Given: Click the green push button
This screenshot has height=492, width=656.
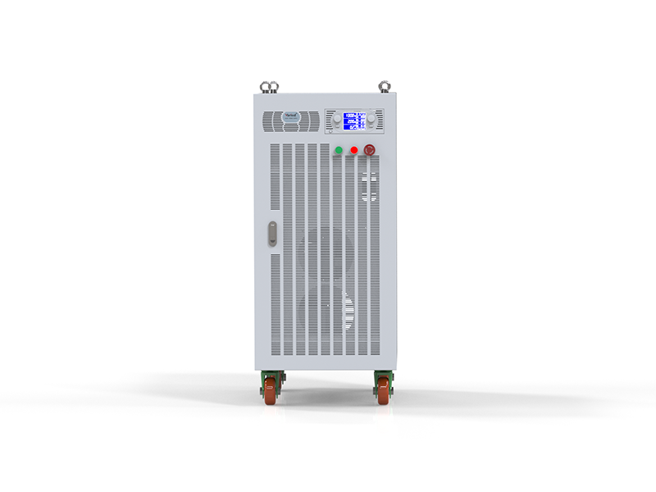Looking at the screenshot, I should (338, 150).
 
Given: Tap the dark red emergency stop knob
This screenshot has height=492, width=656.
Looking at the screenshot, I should (370, 150).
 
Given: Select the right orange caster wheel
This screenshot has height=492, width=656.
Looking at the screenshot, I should (383, 391).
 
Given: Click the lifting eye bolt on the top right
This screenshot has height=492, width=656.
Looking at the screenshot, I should (383, 84).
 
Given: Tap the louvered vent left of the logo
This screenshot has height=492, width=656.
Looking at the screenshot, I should (272, 121).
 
